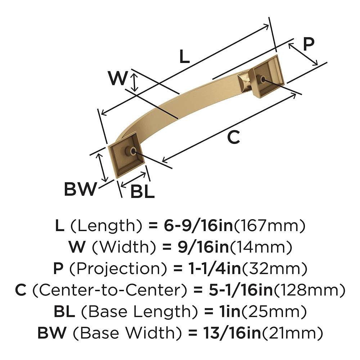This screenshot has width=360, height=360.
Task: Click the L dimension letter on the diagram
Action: pos(184,57)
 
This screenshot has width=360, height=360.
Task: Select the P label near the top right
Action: pos(308,44)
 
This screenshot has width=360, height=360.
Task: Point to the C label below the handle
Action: pos(234,137)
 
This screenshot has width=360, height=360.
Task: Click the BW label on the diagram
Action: pos(81,189)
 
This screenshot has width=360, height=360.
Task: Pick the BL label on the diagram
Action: pos(143,192)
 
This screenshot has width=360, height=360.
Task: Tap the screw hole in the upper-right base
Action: pos(264,79)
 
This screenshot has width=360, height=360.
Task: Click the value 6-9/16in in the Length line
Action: pos(191,226)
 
